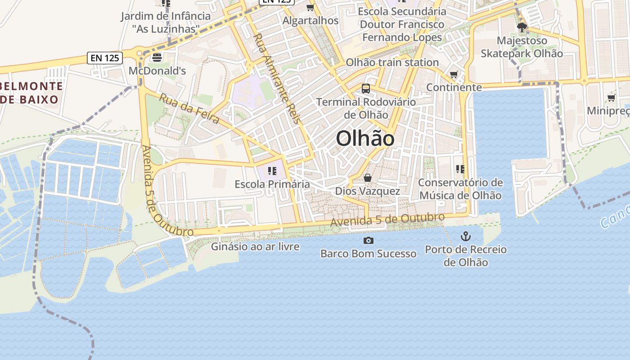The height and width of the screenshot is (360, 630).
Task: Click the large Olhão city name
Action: tap(365, 139)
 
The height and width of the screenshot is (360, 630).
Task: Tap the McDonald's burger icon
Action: tap(157, 57)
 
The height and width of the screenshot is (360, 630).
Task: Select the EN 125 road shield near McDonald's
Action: tap(105, 58)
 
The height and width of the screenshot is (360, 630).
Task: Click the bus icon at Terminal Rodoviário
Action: tap(366, 89)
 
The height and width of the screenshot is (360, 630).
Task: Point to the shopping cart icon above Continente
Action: tap(454, 74)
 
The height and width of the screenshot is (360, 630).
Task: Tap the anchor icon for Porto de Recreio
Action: tap(466, 236)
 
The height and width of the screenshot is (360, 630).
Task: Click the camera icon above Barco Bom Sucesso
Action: tap(368, 240)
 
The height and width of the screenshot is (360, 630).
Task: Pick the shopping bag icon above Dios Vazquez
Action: tap(368, 178)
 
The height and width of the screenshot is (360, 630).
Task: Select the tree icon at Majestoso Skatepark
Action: tap(522, 28)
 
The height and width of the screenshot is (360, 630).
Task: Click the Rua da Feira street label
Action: tap(189, 109)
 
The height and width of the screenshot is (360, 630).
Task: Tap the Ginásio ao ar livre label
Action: tap(255, 247)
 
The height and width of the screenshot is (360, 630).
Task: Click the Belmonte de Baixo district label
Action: tap(31, 93)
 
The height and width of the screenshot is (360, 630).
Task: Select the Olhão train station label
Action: tap(392, 62)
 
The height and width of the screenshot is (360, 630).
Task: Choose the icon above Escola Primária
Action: tap(272, 171)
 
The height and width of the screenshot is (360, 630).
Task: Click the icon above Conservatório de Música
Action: tap(460, 169)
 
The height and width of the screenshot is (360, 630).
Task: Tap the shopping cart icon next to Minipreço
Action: tap(611, 98)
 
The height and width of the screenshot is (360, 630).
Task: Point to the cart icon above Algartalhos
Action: tap(310, 7)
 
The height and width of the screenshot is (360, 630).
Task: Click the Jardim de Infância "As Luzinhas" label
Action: tap(166, 22)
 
